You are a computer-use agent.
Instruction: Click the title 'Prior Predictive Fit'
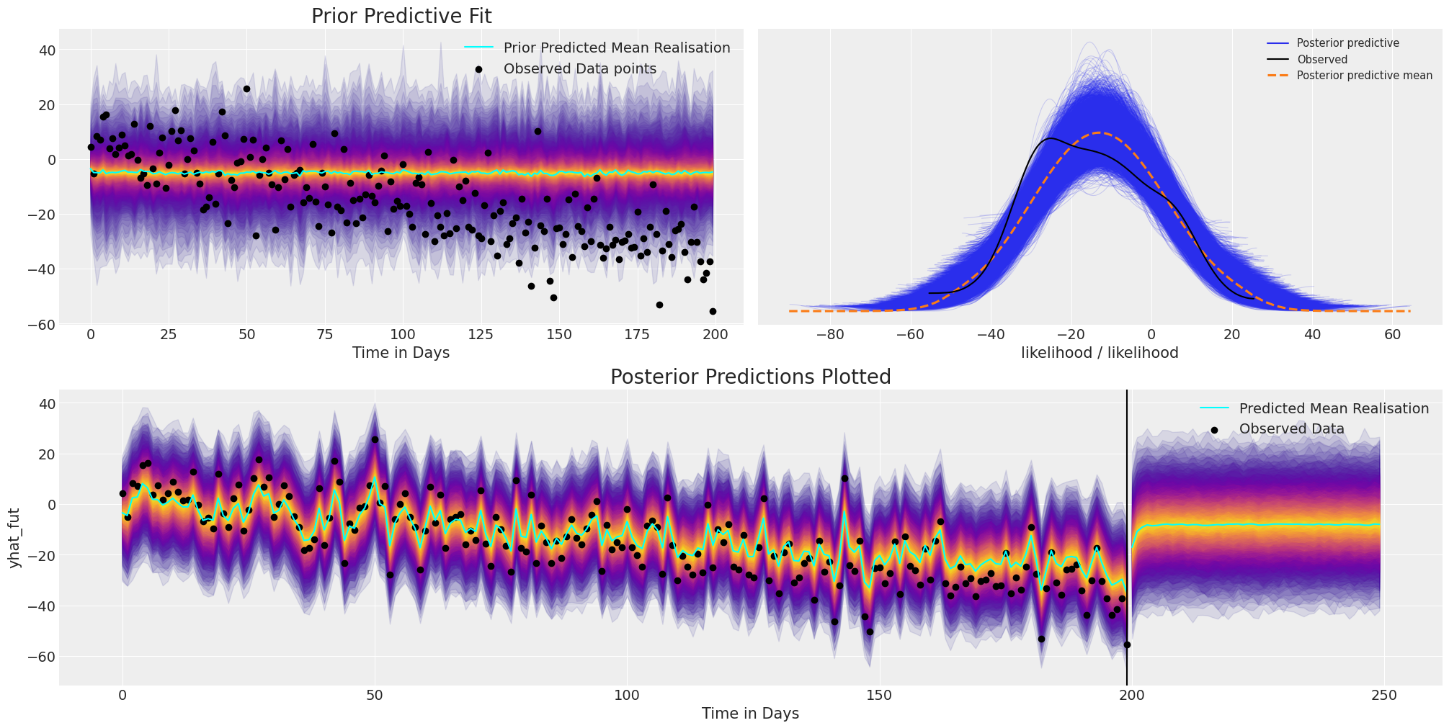[x=401, y=17]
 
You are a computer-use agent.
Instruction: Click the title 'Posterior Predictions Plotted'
[x=750, y=377]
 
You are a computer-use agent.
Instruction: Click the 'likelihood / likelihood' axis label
[x=1100, y=353]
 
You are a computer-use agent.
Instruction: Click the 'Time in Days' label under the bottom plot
[x=750, y=714]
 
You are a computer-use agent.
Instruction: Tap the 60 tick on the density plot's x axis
[x=1392, y=335]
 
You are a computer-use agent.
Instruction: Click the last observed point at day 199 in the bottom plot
[x=1127, y=645]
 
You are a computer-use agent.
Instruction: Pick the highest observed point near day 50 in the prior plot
[x=246, y=89]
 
